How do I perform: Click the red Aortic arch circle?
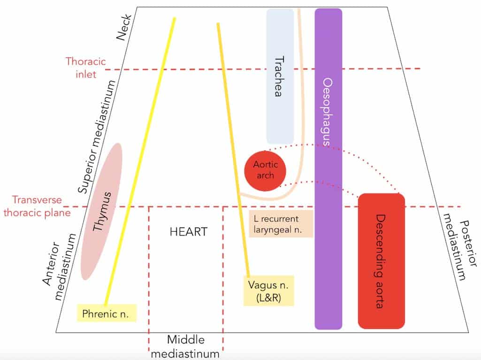tap(266, 170)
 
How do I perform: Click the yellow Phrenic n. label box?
tap(107, 312)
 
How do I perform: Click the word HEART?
tap(188, 232)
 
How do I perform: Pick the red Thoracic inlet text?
tap(86, 68)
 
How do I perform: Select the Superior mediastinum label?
tap(96, 138)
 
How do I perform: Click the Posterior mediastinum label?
tap(456, 249)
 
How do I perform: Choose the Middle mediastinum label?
tap(186, 346)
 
